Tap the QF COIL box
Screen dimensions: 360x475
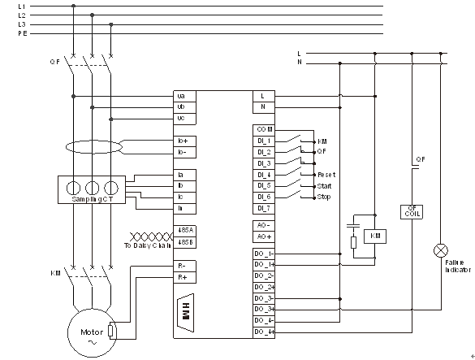click(413, 211)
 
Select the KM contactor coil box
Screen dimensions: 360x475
click(375, 235)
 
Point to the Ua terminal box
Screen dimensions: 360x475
click(184, 95)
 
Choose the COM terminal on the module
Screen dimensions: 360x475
click(264, 129)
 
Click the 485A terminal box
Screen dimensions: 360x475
click(184, 231)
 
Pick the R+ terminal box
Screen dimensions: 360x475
click(184, 277)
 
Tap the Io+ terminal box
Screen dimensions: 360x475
click(184, 141)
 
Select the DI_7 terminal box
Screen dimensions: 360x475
click(264, 208)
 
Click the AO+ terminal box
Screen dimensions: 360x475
click(264, 236)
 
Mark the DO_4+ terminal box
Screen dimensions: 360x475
click(264, 332)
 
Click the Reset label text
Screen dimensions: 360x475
click(326, 175)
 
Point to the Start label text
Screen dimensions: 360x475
click(324, 186)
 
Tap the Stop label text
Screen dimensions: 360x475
click(323, 197)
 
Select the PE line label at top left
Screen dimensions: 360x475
click(22, 33)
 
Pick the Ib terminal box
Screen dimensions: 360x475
click(184, 186)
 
